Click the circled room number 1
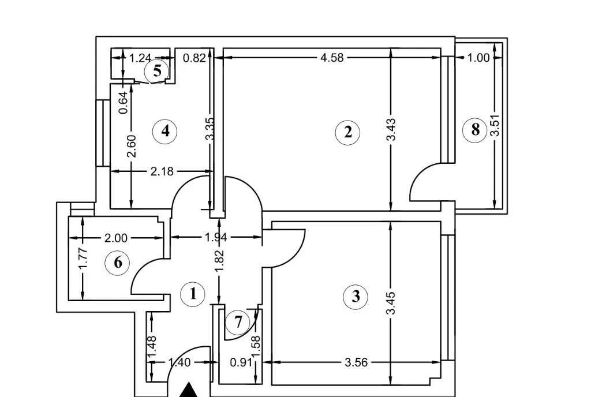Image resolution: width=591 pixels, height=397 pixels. click(193, 294)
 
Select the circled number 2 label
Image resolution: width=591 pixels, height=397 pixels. click(347, 132)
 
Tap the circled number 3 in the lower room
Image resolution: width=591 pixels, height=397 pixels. click(356, 297)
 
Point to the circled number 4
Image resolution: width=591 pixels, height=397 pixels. click(166, 131)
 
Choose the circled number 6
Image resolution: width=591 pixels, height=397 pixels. click(118, 263)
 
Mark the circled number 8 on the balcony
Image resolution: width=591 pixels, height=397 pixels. click(475, 130)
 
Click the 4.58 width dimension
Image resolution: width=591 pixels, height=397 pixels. click(332, 58)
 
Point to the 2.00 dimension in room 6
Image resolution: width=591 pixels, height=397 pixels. click(116, 237)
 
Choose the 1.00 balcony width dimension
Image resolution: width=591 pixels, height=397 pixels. click(478, 58)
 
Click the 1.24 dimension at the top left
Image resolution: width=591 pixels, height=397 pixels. click(140, 58)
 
